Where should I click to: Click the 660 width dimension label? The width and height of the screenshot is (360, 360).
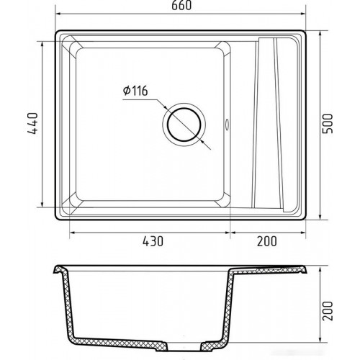tap(181, 6)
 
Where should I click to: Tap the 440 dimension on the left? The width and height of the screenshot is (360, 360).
tap(32, 123)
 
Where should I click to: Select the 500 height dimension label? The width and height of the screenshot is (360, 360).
tap(328, 124)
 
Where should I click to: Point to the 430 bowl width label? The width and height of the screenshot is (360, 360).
tap(153, 241)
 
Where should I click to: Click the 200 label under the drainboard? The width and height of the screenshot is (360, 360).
tap(267, 241)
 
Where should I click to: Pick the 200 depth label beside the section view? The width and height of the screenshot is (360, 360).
tap(328, 311)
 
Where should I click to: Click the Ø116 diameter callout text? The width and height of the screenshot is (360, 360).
tap(135, 91)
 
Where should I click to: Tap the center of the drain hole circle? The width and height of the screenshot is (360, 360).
tap(184, 125)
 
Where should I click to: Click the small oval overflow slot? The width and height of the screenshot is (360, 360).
tap(227, 124)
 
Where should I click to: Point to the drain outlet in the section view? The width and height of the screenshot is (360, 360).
tap(184, 347)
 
